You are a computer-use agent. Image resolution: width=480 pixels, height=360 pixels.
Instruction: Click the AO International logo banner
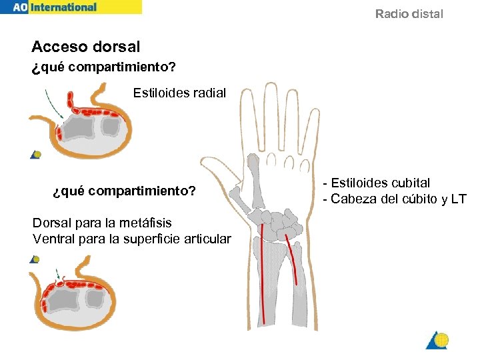[x=70, y=7]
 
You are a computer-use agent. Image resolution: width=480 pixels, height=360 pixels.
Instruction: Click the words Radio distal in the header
[x=409, y=14]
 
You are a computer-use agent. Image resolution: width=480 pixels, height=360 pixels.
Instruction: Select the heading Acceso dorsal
[x=86, y=47]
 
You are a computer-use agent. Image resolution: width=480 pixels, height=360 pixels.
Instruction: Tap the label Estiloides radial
[x=179, y=93]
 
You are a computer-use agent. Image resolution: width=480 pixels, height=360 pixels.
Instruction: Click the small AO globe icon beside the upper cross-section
[x=37, y=155]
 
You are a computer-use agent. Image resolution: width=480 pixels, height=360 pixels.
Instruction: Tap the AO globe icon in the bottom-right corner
[x=438, y=340]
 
